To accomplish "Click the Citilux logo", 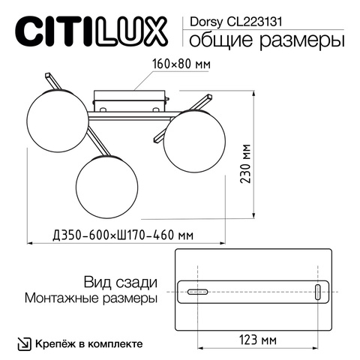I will (91, 31).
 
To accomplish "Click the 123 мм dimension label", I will (257, 340).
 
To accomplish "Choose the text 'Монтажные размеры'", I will (91, 298).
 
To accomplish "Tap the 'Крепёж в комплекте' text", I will (88, 343).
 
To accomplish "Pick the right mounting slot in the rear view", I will (316, 292).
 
